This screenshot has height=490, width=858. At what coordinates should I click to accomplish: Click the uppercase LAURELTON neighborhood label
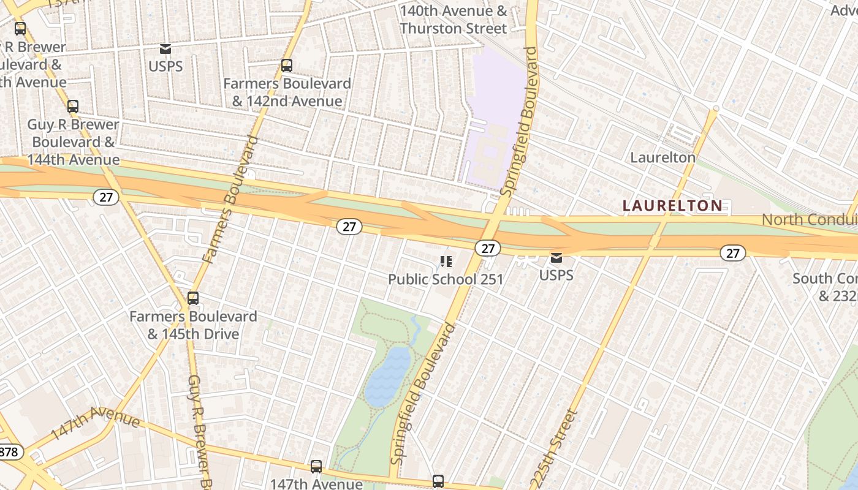672,206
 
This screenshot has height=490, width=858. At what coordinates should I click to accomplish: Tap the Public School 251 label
446,279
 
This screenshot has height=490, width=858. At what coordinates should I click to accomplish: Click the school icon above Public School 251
446,262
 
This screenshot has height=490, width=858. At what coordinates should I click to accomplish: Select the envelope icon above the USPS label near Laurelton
556,258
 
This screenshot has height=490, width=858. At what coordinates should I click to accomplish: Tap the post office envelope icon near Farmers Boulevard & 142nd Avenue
165,49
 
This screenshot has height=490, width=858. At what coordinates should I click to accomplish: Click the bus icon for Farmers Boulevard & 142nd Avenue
286,66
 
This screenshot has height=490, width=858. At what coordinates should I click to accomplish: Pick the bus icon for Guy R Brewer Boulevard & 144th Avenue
73,107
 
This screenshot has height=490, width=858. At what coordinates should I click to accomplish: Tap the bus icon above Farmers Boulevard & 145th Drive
193,298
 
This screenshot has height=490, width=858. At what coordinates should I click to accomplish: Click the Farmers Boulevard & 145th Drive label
193,325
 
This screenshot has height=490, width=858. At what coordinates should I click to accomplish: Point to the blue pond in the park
387,376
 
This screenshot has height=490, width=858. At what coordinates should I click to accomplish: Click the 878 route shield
9,452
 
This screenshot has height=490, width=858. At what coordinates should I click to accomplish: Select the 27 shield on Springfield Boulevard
487,248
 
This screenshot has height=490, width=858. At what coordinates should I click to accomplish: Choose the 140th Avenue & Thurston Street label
454,20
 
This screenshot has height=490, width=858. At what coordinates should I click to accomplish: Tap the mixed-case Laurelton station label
663,157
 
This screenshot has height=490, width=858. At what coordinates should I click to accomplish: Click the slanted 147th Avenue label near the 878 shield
95,423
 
